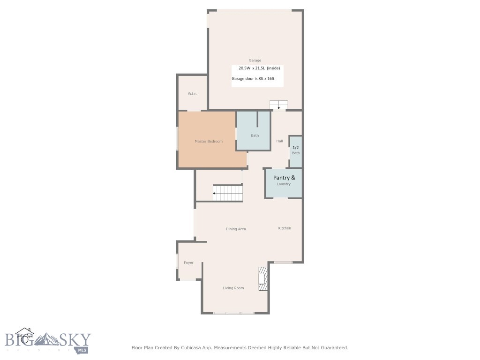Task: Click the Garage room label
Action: click(x=255, y=60)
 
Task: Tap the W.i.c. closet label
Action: click(x=192, y=94)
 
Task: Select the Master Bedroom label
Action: click(x=209, y=142)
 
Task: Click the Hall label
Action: click(x=279, y=141)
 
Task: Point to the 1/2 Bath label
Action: click(x=296, y=150)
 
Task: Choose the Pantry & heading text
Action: click(x=284, y=178)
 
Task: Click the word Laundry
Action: click(x=284, y=184)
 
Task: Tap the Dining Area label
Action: click(x=236, y=229)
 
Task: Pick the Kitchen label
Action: click(x=285, y=228)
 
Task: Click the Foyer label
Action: click(x=188, y=262)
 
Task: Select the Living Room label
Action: click(x=233, y=288)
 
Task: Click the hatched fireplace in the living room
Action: click(x=263, y=278)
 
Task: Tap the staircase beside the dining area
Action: click(x=228, y=193)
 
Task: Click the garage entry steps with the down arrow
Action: click(x=278, y=105)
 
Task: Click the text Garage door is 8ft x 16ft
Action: click(x=253, y=79)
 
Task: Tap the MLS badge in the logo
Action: click(x=82, y=350)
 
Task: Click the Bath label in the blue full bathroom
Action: click(x=255, y=135)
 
